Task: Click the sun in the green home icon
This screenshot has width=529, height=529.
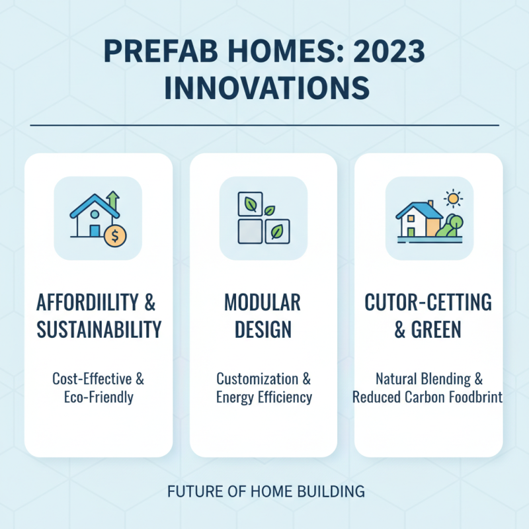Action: coord(454,198)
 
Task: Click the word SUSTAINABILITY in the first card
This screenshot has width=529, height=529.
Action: coord(99,328)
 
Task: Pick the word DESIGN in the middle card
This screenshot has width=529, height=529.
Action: coord(263,328)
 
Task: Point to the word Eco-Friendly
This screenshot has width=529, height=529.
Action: coord(99,398)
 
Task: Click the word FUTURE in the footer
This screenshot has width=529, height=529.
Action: coord(187,491)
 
